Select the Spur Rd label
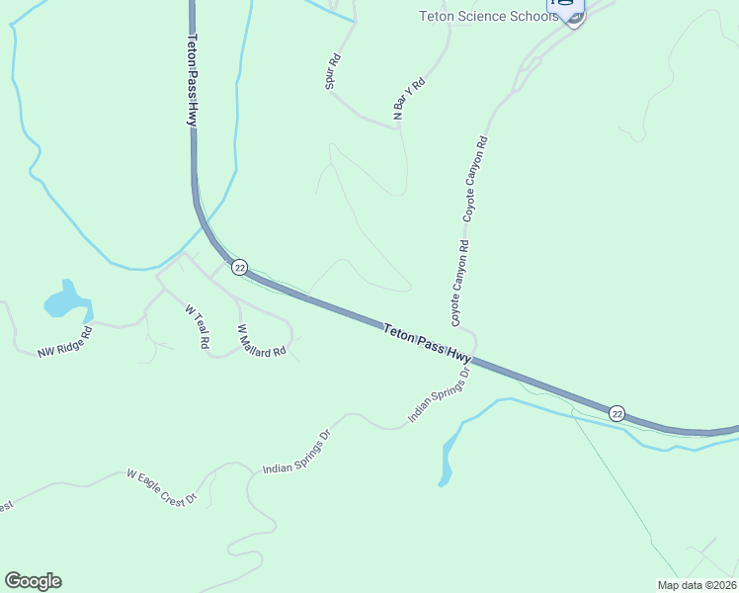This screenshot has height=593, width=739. click(x=333, y=71)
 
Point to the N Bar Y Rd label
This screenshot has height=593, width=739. click(x=408, y=99)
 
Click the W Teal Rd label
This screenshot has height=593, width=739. click(x=198, y=325)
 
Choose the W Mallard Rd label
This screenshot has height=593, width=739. click(x=262, y=340)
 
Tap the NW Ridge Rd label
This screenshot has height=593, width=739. click(x=64, y=342)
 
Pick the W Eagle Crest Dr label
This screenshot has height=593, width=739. click(x=163, y=488)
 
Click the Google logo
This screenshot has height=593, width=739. click(x=33, y=581)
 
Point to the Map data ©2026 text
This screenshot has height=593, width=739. click(x=696, y=584)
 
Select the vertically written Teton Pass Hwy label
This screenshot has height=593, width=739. click(x=192, y=80)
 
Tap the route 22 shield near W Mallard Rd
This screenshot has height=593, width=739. click(x=238, y=268)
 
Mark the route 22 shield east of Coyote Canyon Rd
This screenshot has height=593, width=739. click(x=617, y=412)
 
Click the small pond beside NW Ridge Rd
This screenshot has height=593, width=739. click(x=66, y=300)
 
